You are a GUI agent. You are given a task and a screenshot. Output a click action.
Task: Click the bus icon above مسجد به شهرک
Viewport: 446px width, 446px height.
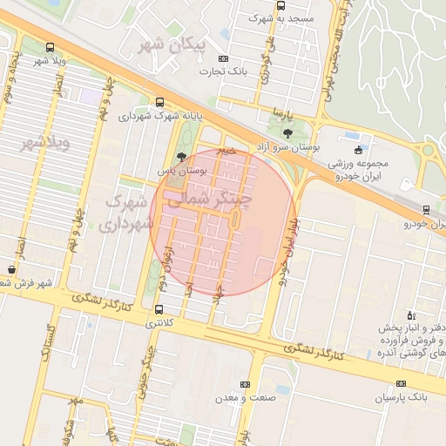(x=280, y=5)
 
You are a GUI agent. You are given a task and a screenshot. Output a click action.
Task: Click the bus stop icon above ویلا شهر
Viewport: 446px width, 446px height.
(x=49, y=47)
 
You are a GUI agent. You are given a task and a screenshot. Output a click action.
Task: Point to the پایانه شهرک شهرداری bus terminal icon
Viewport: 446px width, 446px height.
(x=159, y=102)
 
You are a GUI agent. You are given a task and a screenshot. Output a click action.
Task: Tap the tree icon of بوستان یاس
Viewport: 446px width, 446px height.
(x=180, y=157)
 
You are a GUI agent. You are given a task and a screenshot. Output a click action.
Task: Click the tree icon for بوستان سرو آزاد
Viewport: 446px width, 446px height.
(x=288, y=133)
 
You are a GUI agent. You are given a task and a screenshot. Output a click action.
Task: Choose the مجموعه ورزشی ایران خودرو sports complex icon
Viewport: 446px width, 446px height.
(x=358, y=150)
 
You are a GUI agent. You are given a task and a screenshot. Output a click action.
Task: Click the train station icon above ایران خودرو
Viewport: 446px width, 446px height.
(x=426, y=209)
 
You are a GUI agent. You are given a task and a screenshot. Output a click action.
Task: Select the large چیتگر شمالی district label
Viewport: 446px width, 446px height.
(x=207, y=201)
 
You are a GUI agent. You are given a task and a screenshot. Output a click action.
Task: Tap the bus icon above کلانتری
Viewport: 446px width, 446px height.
(x=159, y=309)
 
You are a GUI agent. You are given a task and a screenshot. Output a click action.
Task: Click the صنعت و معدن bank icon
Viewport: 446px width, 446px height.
(x=245, y=383)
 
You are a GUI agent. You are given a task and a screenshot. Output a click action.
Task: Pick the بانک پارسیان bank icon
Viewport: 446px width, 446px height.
(x=401, y=383)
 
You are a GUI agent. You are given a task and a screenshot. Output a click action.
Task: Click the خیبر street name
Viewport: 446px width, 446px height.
(x=227, y=149)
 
